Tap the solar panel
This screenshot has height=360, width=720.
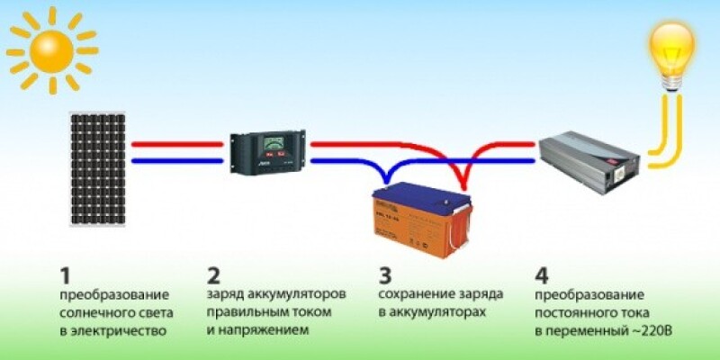point(98,169)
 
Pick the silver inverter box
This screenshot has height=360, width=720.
point(594,157)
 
